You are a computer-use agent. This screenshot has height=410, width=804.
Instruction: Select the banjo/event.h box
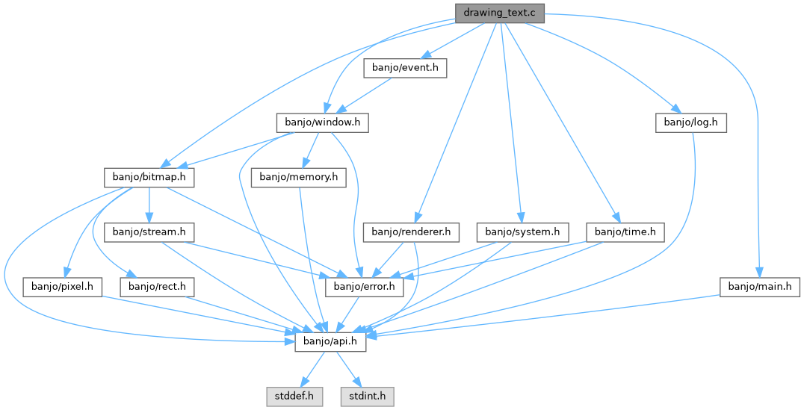[405, 68]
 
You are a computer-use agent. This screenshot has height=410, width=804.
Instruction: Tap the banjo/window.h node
[323, 122]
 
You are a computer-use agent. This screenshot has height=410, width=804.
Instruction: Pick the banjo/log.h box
[691, 122]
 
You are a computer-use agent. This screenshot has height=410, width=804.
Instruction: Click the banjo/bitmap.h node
[148, 177]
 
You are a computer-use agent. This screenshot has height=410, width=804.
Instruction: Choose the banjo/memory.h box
[299, 177]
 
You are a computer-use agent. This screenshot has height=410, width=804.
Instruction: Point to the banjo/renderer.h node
[410, 232]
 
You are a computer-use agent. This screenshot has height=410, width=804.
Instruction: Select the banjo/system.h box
[522, 232]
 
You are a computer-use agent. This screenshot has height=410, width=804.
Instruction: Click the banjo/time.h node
[625, 232]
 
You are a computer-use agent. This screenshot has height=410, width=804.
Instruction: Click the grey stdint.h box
[367, 396]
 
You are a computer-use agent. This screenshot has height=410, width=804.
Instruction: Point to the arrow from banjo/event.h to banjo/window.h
[364, 96]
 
